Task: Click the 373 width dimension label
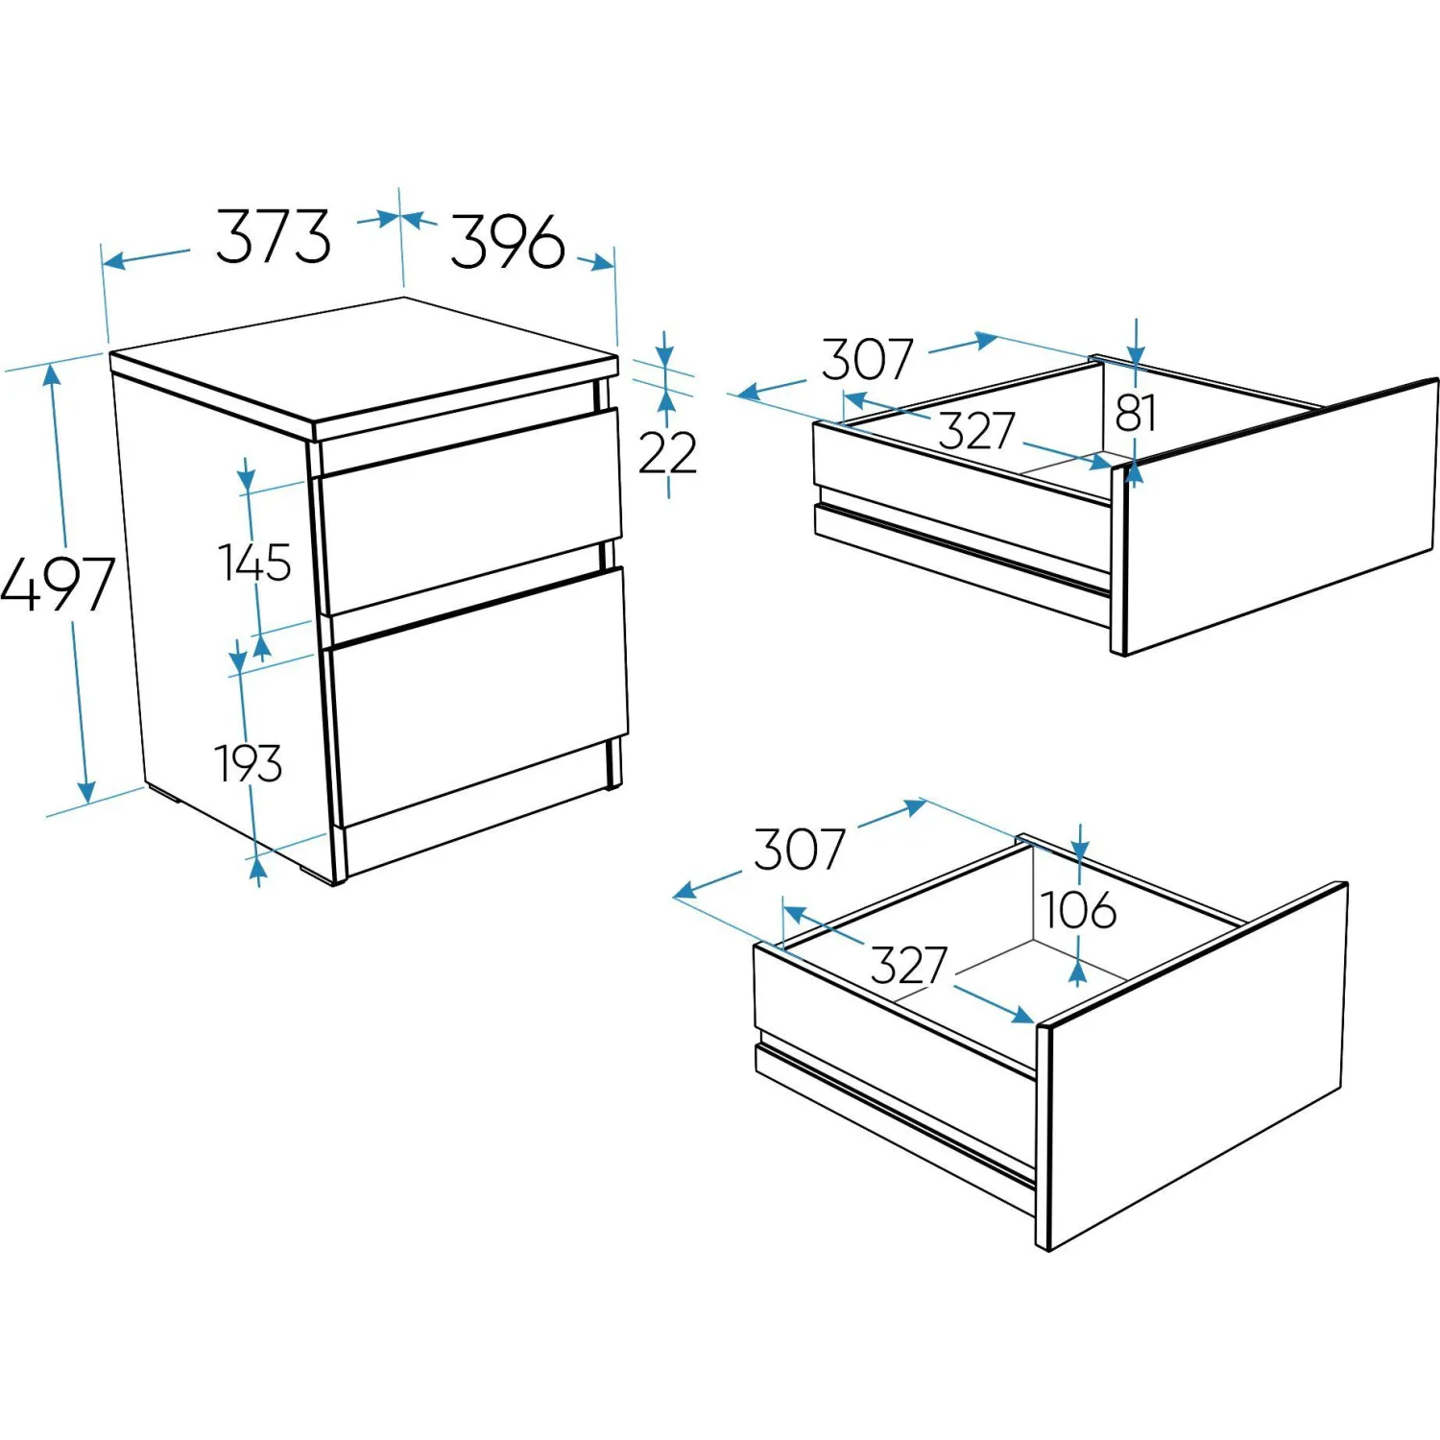(x=274, y=236)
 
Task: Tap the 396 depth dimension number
(x=508, y=242)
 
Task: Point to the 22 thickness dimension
(x=667, y=452)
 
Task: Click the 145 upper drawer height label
(x=254, y=562)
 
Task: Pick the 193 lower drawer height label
(x=249, y=764)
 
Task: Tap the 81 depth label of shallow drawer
(x=1136, y=414)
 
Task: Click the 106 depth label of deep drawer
(x=1079, y=909)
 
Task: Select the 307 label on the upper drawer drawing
(x=867, y=359)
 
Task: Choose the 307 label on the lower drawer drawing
(x=799, y=849)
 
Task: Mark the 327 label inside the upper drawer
(x=976, y=430)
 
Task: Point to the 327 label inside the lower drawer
(x=909, y=965)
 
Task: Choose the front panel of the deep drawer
(x=1193, y=1066)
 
